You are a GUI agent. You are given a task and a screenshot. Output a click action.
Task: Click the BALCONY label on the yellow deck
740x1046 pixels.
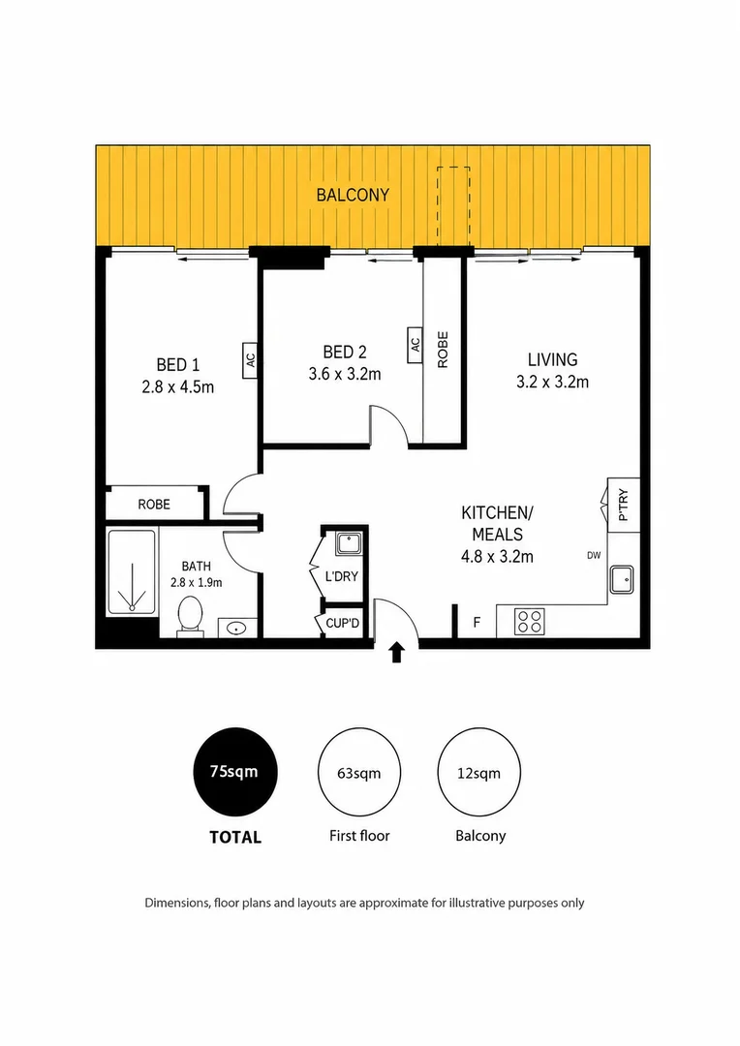tap(353, 195)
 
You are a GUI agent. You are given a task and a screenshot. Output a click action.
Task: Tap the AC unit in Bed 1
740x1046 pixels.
tap(250, 360)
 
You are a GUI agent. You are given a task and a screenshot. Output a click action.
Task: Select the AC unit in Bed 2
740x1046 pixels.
tap(416, 344)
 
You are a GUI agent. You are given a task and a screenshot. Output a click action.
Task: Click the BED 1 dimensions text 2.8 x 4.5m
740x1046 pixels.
tap(177, 386)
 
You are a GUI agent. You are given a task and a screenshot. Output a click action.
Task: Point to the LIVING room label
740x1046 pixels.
tap(552, 359)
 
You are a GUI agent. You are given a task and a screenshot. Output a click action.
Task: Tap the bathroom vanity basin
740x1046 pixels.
tap(236, 628)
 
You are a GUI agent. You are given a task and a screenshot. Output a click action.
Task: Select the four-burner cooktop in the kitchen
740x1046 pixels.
tap(529, 621)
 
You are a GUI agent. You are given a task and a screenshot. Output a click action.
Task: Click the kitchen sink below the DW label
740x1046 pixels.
tap(622, 579)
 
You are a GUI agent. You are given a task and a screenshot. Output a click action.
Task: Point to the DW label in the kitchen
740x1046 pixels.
tap(594, 555)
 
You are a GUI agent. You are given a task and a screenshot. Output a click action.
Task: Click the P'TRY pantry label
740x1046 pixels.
tap(623, 505)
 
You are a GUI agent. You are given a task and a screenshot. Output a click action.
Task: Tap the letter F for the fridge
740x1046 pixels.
tap(477, 623)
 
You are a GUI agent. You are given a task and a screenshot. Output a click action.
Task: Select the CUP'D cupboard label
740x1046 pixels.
tap(342, 623)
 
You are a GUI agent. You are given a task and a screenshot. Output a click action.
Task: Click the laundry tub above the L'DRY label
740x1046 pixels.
tap(348, 543)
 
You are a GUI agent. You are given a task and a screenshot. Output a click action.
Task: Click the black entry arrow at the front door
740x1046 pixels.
tap(397, 653)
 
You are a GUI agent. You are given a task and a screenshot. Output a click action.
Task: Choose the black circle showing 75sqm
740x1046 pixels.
tap(234, 772)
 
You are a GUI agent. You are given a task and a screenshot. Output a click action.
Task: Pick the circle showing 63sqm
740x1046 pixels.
tap(359, 772)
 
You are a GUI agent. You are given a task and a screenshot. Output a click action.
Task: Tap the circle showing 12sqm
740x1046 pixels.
tap(479, 772)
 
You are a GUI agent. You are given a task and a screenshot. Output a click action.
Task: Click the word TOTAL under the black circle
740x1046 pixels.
tap(234, 837)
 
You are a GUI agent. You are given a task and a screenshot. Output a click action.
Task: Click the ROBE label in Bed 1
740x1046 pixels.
tap(154, 505)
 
